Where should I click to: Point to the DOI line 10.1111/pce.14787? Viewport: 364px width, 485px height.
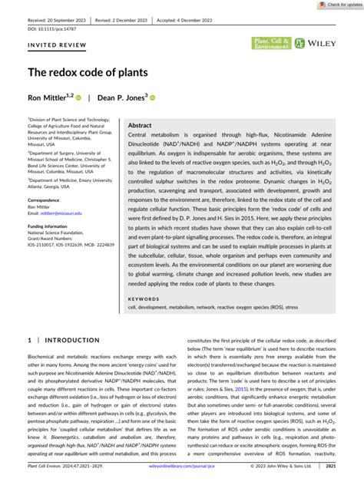[48, 21]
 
